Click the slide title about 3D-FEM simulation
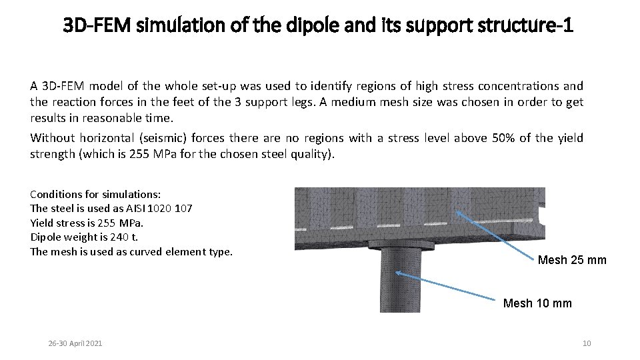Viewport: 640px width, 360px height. point(318,26)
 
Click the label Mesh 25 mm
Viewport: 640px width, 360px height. point(572,260)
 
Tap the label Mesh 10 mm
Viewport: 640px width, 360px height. point(537,303)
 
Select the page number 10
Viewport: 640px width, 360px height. point(587,343)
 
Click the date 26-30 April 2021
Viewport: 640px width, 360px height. point(75,343)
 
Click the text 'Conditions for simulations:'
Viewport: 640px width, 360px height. point(95,194)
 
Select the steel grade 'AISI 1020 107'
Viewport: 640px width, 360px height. point(159,208)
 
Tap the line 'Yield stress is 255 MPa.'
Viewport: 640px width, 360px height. point(87,223)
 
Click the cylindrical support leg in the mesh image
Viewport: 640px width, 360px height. point(400,283)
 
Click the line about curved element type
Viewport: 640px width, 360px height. point(131,251)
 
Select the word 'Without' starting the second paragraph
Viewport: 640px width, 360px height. point(52,138)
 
